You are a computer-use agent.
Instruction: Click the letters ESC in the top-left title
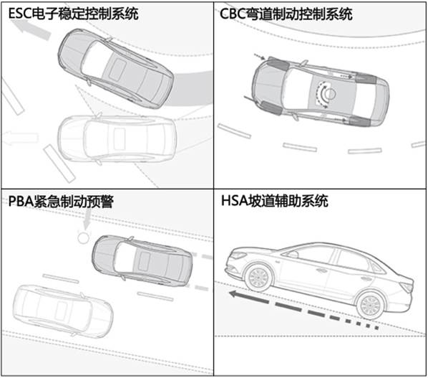(20, 14)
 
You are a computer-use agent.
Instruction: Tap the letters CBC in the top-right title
(233, 14)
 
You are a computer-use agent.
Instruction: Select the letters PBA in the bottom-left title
(21, 202)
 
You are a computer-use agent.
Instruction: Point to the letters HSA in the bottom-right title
(234, 201)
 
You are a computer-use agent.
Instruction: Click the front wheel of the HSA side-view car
(258, 277)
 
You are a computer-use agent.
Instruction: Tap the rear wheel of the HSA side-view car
(371, 304)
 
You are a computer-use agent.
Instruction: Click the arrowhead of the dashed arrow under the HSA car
(234, 294)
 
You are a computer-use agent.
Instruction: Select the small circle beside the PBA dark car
(83, 237)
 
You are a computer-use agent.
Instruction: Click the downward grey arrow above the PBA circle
(87, 219)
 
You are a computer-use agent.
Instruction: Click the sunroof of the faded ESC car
(120, 138)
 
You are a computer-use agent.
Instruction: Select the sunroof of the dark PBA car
(145, 262)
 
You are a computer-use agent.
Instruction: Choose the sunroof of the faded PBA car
(61, 311)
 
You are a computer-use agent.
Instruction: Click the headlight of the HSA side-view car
(238, 255)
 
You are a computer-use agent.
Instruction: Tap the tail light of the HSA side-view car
(407, 286)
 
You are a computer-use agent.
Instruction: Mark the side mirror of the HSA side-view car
(293, 254)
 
